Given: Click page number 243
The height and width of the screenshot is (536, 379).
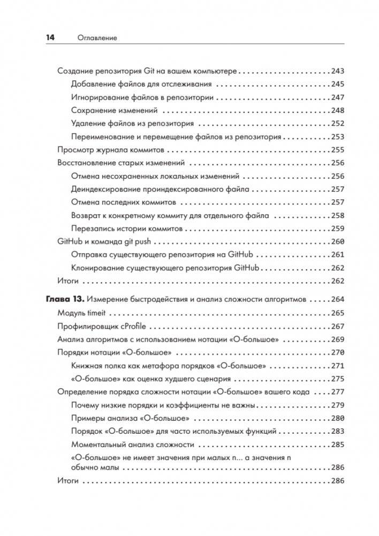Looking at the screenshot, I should [x=338, y=71].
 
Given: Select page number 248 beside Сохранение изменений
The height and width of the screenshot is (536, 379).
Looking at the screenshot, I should [x=338, y=110].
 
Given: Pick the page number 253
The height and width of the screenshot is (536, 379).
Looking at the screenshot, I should [x=338, y=137].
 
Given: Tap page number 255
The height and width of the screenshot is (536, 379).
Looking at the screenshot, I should [x=338, y=150].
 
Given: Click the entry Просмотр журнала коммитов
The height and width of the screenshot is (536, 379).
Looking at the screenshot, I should [x=110, y=150].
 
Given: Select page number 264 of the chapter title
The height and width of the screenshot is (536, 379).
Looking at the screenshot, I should [x=338, y=299].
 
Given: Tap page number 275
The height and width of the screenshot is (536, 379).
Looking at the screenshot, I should [x=338, y=379].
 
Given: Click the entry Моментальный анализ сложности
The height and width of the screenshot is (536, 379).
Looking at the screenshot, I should [x=132, y=444].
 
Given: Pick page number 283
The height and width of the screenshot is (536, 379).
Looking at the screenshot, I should [x=338, y=431].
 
